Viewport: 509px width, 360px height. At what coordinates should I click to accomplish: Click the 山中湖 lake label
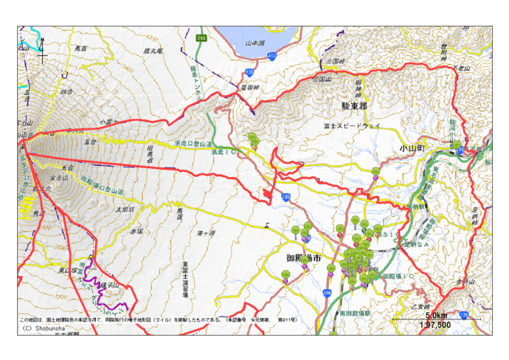[x=254, y=43]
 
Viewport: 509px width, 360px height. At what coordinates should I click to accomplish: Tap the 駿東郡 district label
[x=354, y=106]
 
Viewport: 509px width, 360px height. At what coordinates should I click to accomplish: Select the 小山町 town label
[x=414, y=148]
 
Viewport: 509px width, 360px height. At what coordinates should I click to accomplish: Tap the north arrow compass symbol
[x=43, y=48]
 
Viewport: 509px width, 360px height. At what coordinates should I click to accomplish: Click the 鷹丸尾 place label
[x=154, y=51]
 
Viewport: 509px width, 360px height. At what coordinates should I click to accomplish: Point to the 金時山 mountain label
[x=465, y=283]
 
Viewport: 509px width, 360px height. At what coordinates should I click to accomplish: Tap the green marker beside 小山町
[x=457, y=145]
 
